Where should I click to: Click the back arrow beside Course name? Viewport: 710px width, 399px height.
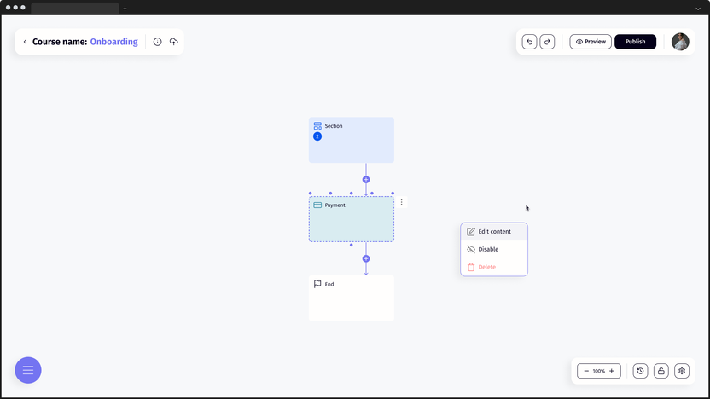25,42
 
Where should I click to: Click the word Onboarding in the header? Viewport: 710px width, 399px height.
113,42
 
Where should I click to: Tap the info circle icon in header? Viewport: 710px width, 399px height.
157,42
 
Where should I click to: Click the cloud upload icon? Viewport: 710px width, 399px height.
174,42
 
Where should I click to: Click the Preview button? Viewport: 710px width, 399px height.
591,42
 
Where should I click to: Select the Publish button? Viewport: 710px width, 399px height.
635,42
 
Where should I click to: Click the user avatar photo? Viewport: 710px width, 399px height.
680,42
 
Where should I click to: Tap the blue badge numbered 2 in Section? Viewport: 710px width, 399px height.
317,136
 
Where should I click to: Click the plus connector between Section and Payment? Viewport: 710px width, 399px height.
366,180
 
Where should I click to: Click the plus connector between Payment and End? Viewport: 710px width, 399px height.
366,258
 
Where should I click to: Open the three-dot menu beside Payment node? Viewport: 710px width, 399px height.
401,202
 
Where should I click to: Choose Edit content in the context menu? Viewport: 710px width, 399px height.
494,232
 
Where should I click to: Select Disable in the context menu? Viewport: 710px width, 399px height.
487,250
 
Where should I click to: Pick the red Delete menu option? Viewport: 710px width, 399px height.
486,268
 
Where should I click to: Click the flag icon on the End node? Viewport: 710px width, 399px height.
317,284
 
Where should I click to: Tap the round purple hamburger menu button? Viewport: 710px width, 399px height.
28,370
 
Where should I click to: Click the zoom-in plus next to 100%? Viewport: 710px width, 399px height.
611,371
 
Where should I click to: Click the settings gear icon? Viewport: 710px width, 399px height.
681,371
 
